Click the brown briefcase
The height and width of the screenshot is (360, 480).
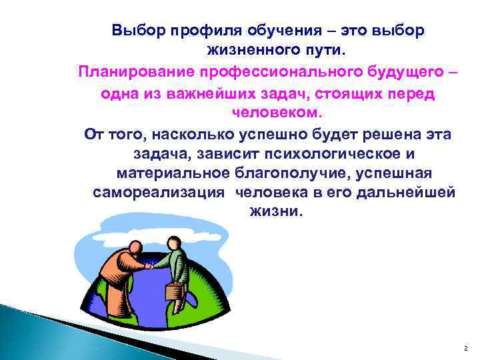(174, 291)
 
